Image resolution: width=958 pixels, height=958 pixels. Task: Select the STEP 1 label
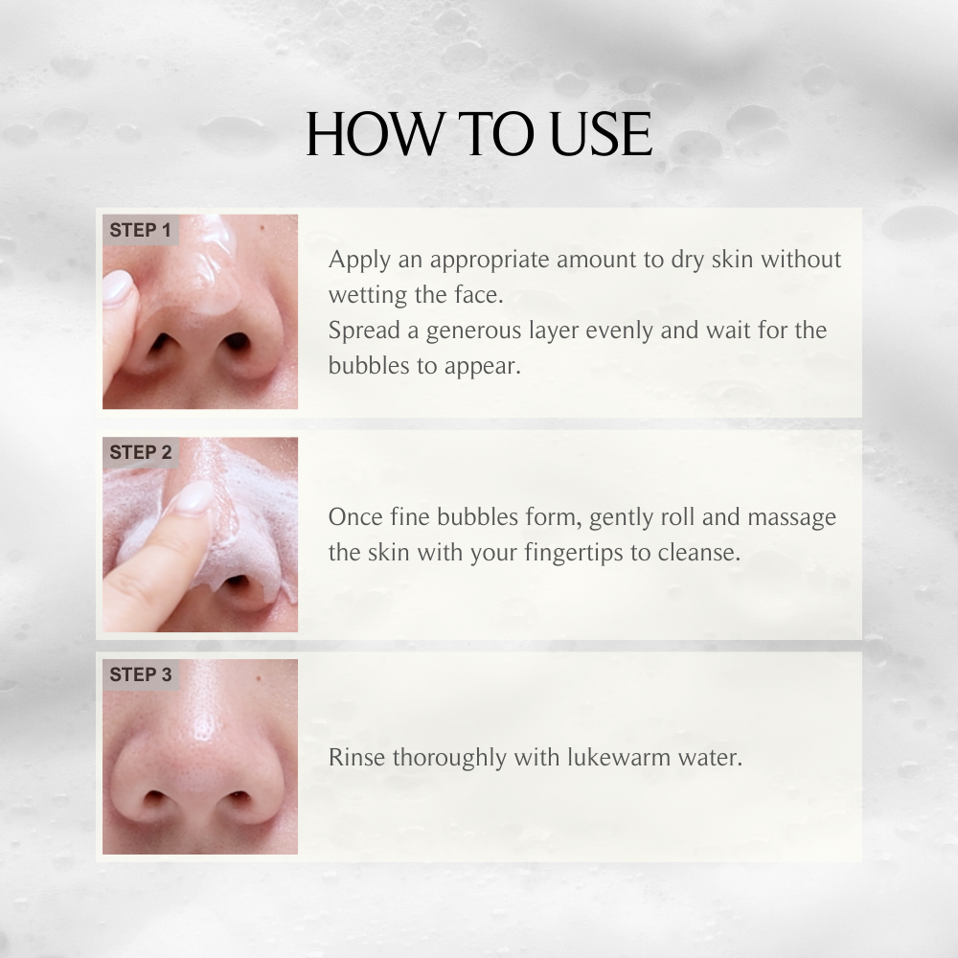(x=140, y=231)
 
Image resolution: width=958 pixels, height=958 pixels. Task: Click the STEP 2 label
(x=140, y=453)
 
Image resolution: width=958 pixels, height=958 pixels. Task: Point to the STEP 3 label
(x=140, y=675)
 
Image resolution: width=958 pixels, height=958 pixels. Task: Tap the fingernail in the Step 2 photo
(x=193, y=499)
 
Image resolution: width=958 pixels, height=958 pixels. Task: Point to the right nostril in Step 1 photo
(x=236, y=342)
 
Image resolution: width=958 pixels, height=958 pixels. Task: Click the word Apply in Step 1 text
(x=356, y=261)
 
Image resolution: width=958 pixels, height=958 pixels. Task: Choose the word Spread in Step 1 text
(x=361, y=331)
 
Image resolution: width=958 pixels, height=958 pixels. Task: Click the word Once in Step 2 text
(x=354, y=517)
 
